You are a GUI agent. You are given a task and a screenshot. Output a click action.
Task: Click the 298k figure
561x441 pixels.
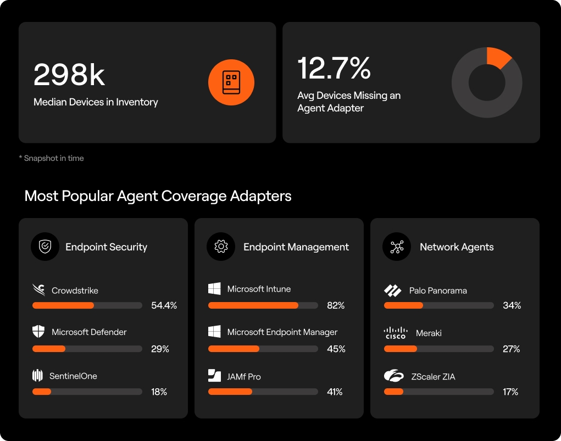pyautogui.click(x=69, y=75)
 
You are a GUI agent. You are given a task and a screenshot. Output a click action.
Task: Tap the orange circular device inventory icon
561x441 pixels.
pyautogui.click(x=231, y=82)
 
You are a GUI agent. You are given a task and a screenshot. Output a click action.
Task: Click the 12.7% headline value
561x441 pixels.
pyautogui.click(x=334, y=68)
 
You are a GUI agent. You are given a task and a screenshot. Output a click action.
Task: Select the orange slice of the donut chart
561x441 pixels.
pyautogui.click(x=498, y=57)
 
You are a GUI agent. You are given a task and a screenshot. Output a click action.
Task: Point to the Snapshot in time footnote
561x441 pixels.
pyautogui.click(x=51, y=158)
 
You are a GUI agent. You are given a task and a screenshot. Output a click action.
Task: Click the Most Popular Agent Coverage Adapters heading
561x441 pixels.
pyautogui.click(x=158, y=196)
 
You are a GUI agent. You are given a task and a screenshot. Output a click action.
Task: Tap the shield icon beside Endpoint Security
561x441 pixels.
pyautogui.click(x=45, y=247)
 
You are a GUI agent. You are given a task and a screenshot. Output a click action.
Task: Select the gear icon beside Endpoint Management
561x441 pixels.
pyautogui.click(x=220, y=247)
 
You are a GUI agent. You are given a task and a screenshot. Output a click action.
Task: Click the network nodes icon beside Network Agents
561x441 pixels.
pyautogui.click(x=396, y=247)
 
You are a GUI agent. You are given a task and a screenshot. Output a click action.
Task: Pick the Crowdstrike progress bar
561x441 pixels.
pyautogui.click(x=87, y=305)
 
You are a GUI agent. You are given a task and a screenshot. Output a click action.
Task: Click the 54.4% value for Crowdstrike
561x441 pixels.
pyautogui.click(x=164, y=305)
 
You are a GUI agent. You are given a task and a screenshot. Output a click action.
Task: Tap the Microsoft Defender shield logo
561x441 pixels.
pyautogui.click(x=38, y=332)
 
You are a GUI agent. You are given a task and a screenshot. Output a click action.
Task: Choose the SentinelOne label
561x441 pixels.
pyautogui.click(x=73, y=376)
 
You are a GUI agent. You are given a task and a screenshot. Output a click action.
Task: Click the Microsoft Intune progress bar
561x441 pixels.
pyautogui.click(x=263, y=305)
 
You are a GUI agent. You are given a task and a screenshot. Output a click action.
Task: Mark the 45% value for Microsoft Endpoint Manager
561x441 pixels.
pyautogui.click(x=336, y=349)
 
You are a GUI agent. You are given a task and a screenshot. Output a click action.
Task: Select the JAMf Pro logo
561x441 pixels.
pyautogui.click(x=214, y=376)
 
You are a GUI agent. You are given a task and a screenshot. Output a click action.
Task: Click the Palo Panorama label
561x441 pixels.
pyautogui.click(x=437, y=291)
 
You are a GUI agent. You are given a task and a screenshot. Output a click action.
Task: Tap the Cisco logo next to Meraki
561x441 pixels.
pyautogui.click(x=395, y=333)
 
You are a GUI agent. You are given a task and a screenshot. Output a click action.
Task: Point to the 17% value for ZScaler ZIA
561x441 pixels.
pyautogui.click(x=510, y=392)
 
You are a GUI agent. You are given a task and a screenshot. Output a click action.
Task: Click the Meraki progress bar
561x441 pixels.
pyautogui.click(x=438, y=349)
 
